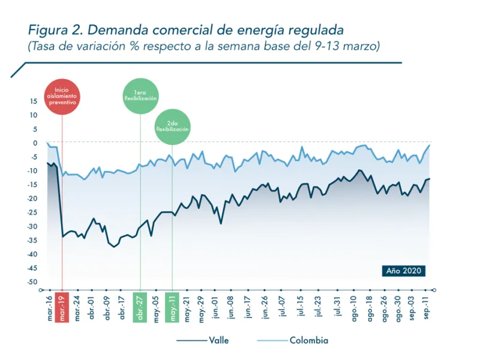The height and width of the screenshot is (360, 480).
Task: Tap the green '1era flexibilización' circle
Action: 140,95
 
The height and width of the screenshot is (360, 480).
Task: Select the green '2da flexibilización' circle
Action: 172,127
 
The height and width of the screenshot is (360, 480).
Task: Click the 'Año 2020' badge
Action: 404,271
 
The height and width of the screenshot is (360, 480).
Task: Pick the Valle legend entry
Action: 204,340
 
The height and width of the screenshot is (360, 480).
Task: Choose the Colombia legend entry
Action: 294,340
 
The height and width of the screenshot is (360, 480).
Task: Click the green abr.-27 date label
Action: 140,308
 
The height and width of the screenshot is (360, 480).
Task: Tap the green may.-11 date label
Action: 172,308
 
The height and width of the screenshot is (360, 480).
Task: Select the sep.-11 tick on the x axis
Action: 428,308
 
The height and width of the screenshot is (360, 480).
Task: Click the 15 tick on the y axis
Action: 34,101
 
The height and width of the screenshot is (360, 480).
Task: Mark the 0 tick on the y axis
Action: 35,143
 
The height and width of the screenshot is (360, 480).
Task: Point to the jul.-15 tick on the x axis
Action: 300,308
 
